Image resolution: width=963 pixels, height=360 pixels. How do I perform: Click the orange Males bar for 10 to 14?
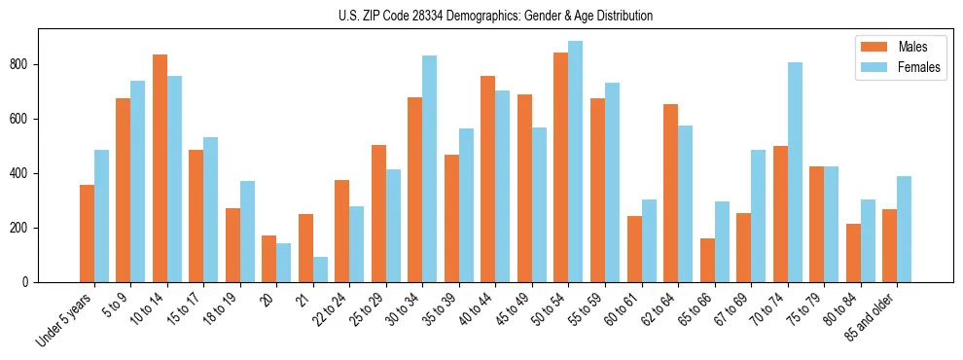click(160, 168)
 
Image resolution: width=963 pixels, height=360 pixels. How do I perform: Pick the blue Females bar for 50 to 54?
click(576, 162)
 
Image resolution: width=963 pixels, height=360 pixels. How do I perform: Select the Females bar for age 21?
click(320, 270)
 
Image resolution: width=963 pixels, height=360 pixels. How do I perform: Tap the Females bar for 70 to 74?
click(795, 172)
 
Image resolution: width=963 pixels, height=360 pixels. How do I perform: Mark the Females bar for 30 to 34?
click(430, 169)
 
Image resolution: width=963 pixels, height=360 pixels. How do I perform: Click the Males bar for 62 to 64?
click(671, 193)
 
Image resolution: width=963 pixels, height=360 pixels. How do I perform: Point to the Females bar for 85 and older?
click(905, 230)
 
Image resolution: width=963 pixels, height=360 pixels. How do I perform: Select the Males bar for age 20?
click(269, 259)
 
